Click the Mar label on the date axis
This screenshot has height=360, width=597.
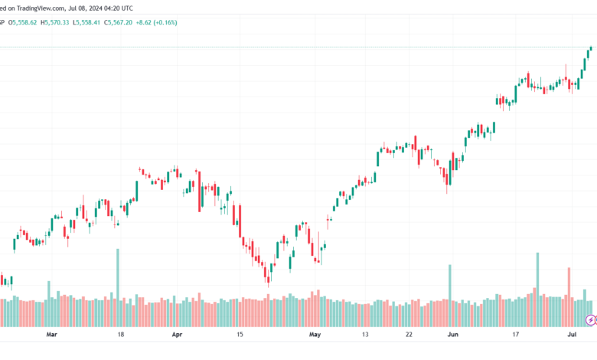tap(51, 335)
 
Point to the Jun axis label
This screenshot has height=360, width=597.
tap(453, 335)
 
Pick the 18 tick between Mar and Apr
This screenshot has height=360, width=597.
tap(121, 335)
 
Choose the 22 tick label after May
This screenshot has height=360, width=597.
tap(409, 335)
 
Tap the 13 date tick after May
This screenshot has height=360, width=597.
tap(366, 335)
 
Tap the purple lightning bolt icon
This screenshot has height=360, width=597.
tap(590, 319)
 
